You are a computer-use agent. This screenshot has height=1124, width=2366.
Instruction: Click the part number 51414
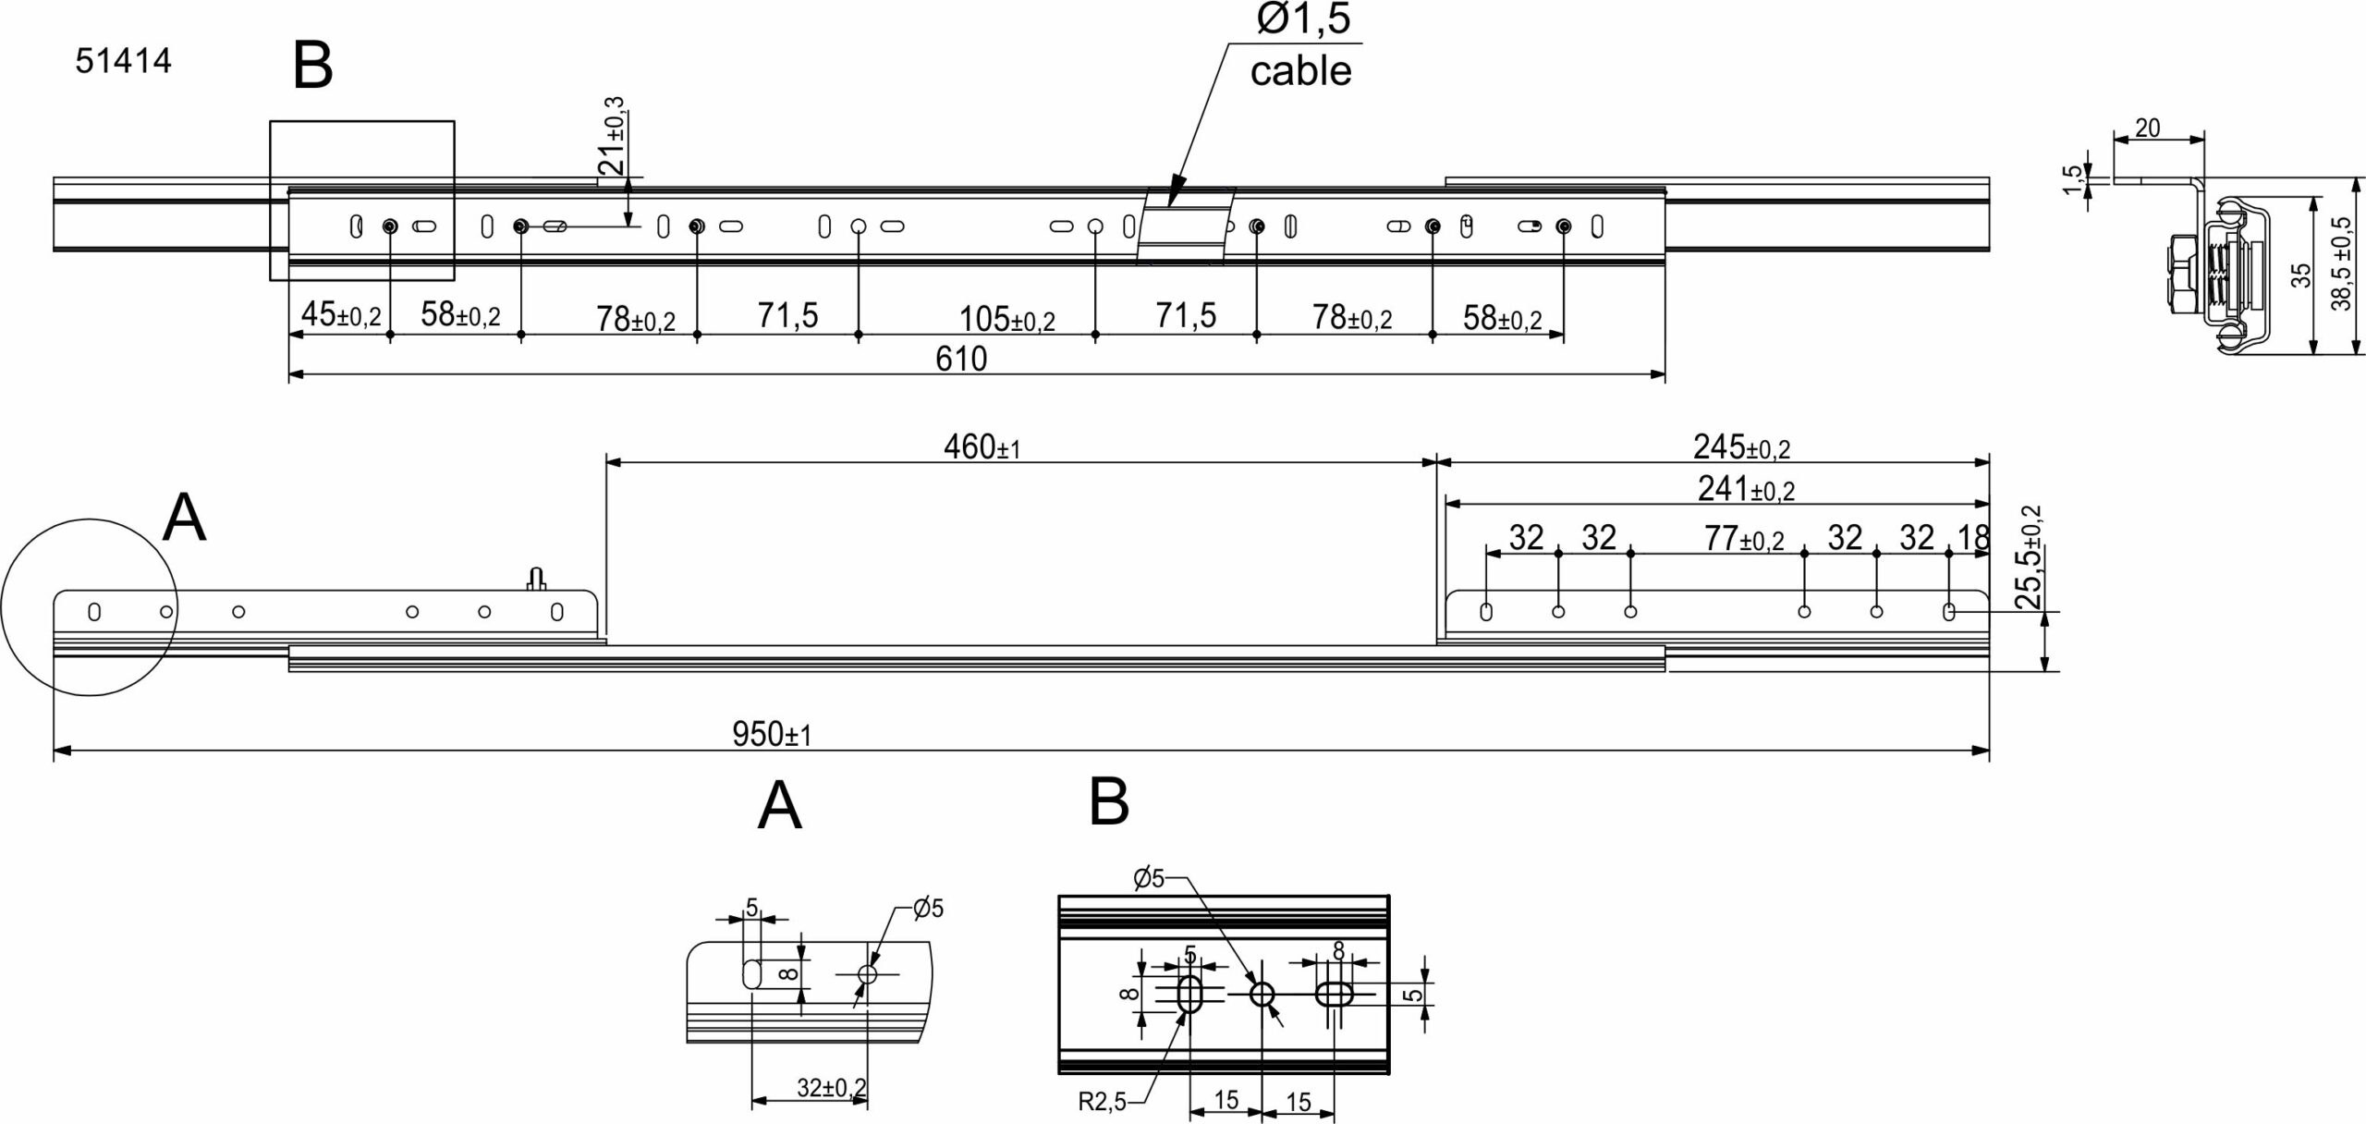point(123,62)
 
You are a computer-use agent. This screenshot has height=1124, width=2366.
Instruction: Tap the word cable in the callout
point(1300,71)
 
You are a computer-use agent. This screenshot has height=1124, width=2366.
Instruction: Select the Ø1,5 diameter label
point(1303,19)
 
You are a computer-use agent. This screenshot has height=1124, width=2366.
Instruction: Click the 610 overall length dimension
point(961,359)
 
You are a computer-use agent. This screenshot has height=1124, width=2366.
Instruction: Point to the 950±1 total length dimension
point(772,735)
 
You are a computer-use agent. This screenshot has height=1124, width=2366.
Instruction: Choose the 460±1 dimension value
point(982,447)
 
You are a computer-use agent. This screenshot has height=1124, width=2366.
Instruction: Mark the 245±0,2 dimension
point(1741,447)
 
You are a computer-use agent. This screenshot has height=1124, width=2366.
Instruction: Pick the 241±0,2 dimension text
point(1746,488)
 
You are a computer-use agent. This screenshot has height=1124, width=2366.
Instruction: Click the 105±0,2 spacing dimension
point(1006,319)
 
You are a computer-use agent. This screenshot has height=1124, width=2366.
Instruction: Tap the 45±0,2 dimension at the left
point(341,315)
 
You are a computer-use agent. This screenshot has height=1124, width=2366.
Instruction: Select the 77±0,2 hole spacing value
point(1744,538)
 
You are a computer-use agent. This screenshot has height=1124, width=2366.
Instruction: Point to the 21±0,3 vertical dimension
point(612,136)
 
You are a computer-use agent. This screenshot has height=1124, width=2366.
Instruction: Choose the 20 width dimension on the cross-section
point(2149,128)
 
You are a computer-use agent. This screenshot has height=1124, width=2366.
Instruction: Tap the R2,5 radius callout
point(1102,1102)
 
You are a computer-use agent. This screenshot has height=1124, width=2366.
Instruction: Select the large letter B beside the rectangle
point(312,67)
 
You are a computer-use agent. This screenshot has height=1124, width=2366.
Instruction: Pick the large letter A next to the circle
point(183,519)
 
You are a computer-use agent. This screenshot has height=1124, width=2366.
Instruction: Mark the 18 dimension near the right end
point(1973,537)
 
